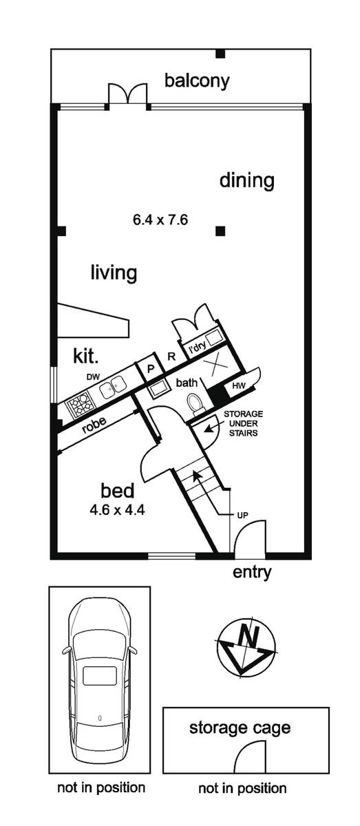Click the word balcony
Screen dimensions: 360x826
click(197, 81)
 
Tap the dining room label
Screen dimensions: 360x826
click(246, 180)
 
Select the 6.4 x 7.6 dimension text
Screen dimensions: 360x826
click(160, 220)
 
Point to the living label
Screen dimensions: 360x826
click(114, 273)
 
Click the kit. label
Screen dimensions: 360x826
click(86, 357)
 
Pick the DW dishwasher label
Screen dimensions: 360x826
click(94, 377)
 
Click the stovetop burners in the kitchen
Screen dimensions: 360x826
click(80, 405)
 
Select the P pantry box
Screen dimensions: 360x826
click(150, 369)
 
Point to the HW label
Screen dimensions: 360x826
click(239, 386)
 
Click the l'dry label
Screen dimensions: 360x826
click(197, 348)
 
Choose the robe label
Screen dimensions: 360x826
click(94, 425)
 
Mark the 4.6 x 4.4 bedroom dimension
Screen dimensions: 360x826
click(117, 510)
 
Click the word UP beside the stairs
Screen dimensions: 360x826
click(242, 515)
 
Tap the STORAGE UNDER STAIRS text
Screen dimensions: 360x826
click(243, 423)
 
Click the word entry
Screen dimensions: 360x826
click(252, 572)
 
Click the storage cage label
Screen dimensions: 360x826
click(240, 728)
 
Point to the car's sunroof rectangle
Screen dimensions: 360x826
click(100, 675)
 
